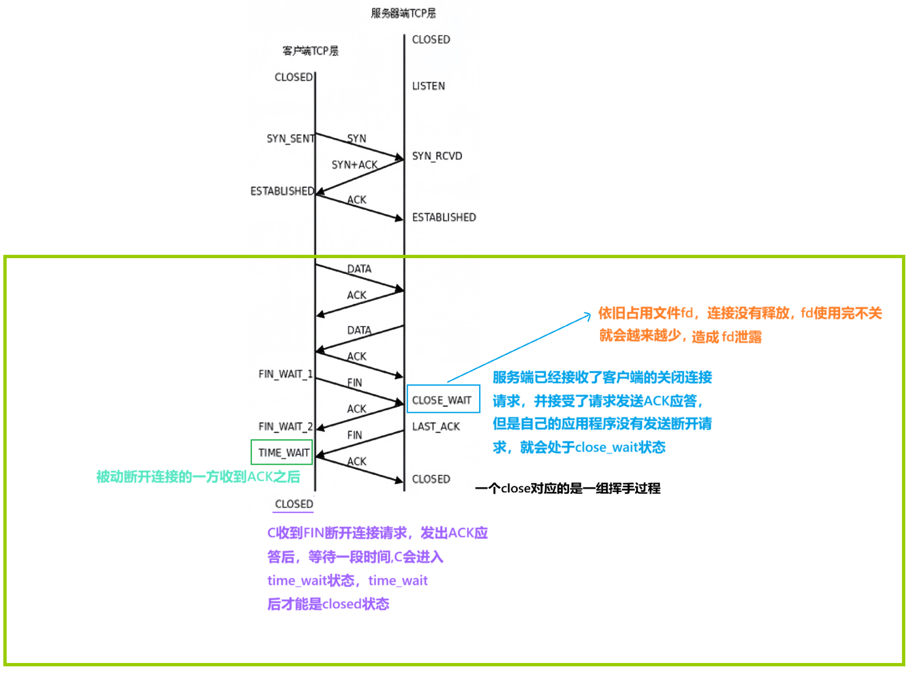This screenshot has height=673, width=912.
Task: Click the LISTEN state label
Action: (x=428, y=86)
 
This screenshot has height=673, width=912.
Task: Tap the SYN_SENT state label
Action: (x=290, y=139)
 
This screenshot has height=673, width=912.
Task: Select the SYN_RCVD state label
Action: (x=437, y=156)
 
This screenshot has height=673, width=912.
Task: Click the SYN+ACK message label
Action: (x=354, y=165)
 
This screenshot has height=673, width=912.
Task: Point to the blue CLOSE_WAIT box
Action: (x=442, y=399)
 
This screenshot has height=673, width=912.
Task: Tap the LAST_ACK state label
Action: (x=436, y=427)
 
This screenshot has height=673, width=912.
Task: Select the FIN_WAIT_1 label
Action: (x=285, y=374)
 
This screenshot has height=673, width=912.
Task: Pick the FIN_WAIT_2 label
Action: (x=285, y=426)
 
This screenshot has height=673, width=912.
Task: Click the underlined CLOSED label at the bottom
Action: (x=294, y=504)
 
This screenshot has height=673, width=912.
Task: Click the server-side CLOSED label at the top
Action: (x=431, y=40)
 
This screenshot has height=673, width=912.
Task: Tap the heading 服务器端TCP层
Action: (x=403, y=13)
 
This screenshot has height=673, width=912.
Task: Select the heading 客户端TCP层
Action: (x=310, y=51)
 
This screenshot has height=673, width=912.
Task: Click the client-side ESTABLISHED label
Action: (x=282, y=191)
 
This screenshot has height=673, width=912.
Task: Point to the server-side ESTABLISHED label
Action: (x=444, y=218)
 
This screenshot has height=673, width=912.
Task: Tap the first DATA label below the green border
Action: (x=359, y=269)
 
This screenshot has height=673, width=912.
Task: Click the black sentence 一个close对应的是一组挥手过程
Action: (x=568, y=488)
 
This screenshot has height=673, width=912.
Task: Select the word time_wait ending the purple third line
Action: (x=398, y=581)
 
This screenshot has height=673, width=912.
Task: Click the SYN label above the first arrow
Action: (x=356, y=139)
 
